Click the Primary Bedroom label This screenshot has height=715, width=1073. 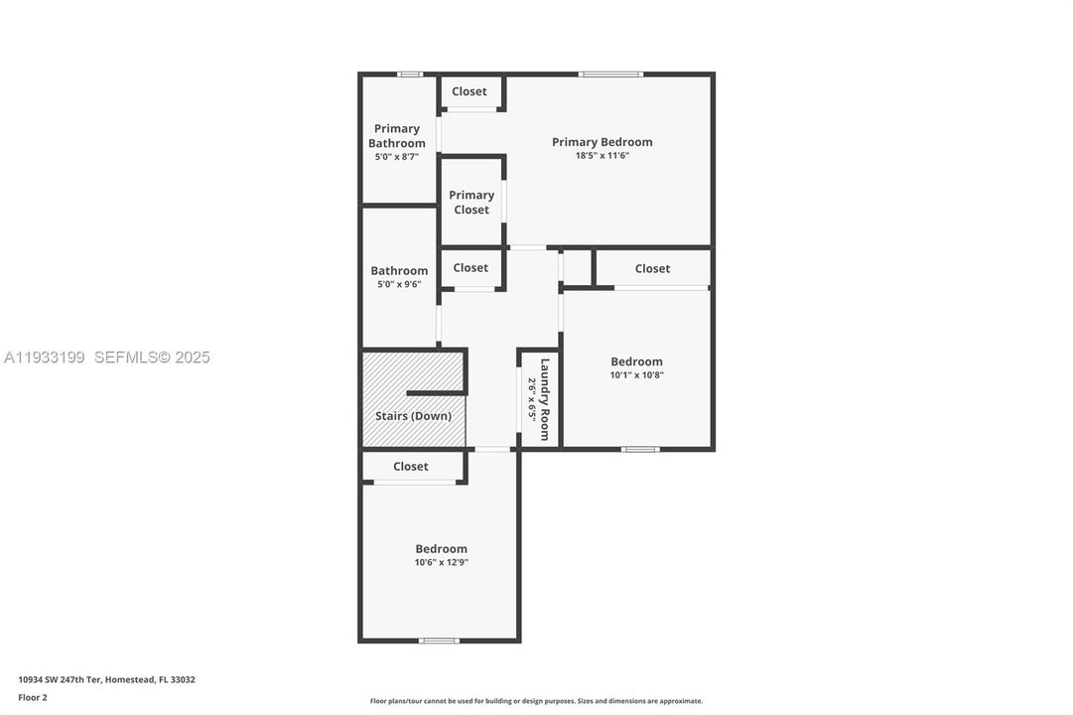click(x=602, y=142)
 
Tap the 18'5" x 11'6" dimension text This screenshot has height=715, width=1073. click(x=602, y=156)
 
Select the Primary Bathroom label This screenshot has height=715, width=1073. click(x=397, y=136)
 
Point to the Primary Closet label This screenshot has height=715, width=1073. click(x=471, y=203)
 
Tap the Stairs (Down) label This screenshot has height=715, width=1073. click(x=413, y=416)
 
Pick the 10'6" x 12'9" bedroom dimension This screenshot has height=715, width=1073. click(x=441, y=563)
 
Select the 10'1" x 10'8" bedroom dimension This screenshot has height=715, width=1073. click(x=636, y=375)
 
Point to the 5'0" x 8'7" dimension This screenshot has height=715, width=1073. click(x=397, y=157)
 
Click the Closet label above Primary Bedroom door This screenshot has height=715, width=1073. click(x=469, y=91)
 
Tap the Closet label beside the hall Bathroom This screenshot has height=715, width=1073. click(x=470, y=268)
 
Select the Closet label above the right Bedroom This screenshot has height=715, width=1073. click(x=652, y=268)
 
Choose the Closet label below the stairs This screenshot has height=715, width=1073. click(x=411, y=467)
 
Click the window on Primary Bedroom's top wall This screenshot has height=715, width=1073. click(x=610, y=73)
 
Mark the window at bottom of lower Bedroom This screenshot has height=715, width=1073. click(x=439, y=641)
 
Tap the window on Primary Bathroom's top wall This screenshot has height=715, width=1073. click(x=410, y=73)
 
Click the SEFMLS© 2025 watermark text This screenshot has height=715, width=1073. click(x=152, y=357)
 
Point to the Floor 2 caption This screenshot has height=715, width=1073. click(x=32, y=697)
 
